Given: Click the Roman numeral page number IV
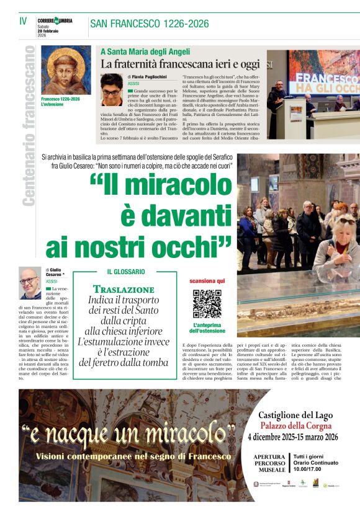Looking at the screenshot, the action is click(x=23, y=20).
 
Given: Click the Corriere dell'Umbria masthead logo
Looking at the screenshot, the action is click(x=55, y=20).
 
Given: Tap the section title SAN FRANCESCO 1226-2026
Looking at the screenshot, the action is click(x=149, y=24).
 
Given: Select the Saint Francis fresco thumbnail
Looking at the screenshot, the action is click(x=66, y=70).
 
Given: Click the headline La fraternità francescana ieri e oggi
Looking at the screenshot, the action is click(x=180, y=64).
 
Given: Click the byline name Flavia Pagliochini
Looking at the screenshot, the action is click(x=148, y=76).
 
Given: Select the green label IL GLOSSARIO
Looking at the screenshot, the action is click(x=126, y=272).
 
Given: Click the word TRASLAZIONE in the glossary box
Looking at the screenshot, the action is click(x=124, y=289).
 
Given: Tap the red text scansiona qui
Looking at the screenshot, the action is click(x=207, y=281).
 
